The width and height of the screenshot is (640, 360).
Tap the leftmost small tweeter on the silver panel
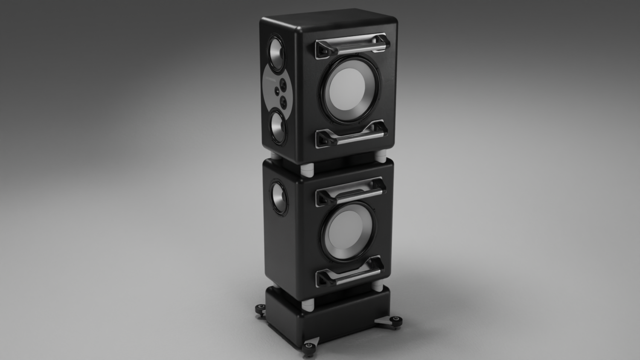click(x=276, y=90)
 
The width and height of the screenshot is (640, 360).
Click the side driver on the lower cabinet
click(x=278, y=198)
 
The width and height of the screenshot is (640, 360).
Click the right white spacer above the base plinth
click(x=378, y=286)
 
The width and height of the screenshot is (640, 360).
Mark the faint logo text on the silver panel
click(x=269, y=79)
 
